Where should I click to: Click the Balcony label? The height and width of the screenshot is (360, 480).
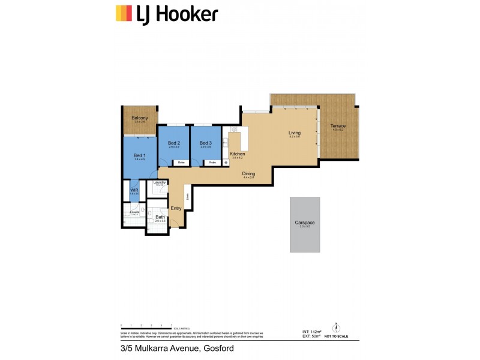pos(140,118)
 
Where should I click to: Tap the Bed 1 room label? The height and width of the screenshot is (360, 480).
pos(139,155)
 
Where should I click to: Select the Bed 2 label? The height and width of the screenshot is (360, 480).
pos(174,143)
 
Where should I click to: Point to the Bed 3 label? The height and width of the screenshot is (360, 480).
pos(206,143)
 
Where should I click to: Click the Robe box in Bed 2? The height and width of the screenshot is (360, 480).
pos(180,163)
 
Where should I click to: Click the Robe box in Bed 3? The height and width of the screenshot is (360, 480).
pos(212,163)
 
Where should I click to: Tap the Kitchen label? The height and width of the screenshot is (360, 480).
pos(237,154)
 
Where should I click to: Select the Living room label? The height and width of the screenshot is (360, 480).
pos(294,133)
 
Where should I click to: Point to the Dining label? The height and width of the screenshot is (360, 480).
pos(249,173)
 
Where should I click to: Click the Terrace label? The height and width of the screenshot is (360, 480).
pos(338,126)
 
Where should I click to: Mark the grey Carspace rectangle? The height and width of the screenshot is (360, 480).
pos(305,224)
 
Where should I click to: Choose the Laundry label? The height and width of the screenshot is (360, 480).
pos(160,182)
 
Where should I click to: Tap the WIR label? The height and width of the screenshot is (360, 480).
pos(134,190)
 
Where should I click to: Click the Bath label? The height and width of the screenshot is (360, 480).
pos(160,217)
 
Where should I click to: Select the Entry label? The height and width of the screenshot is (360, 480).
pos(176,208)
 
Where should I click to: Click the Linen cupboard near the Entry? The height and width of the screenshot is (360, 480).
pos(188,197)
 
